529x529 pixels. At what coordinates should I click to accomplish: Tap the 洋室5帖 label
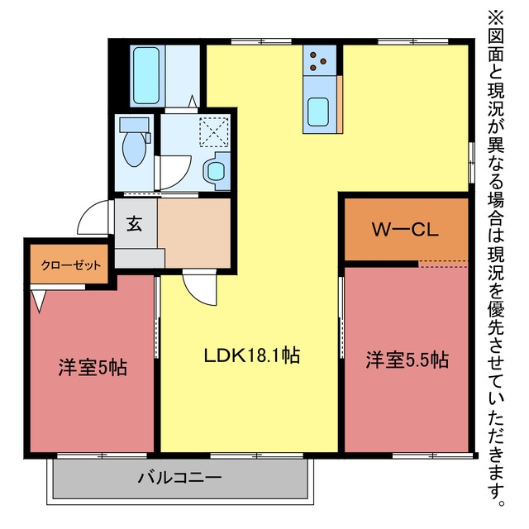(93, 367)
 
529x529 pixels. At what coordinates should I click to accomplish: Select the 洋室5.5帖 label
(407, 360)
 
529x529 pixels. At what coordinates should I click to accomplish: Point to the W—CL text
(405, 230)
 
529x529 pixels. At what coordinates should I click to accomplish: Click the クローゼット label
(71, 265)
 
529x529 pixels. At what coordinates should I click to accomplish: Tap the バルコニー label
(179, 478)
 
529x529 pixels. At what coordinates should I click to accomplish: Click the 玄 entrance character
(134, 224)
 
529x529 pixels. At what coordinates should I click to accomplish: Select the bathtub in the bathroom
(146, 75)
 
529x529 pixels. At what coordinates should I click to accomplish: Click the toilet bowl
(134, 149)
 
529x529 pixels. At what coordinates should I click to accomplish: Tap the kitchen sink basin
(318, 112)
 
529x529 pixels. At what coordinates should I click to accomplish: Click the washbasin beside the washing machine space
(217, 171)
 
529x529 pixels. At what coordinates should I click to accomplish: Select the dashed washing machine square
(214, 131)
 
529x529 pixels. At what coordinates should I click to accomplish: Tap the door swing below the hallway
(195, 291)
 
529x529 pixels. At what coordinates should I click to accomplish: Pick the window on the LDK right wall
(471, 163)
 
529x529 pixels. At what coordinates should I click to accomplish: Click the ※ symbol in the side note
(495, 17)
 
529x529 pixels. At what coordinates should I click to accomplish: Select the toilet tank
(134, 125)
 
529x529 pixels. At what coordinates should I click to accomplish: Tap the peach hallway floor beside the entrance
(194, 233)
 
